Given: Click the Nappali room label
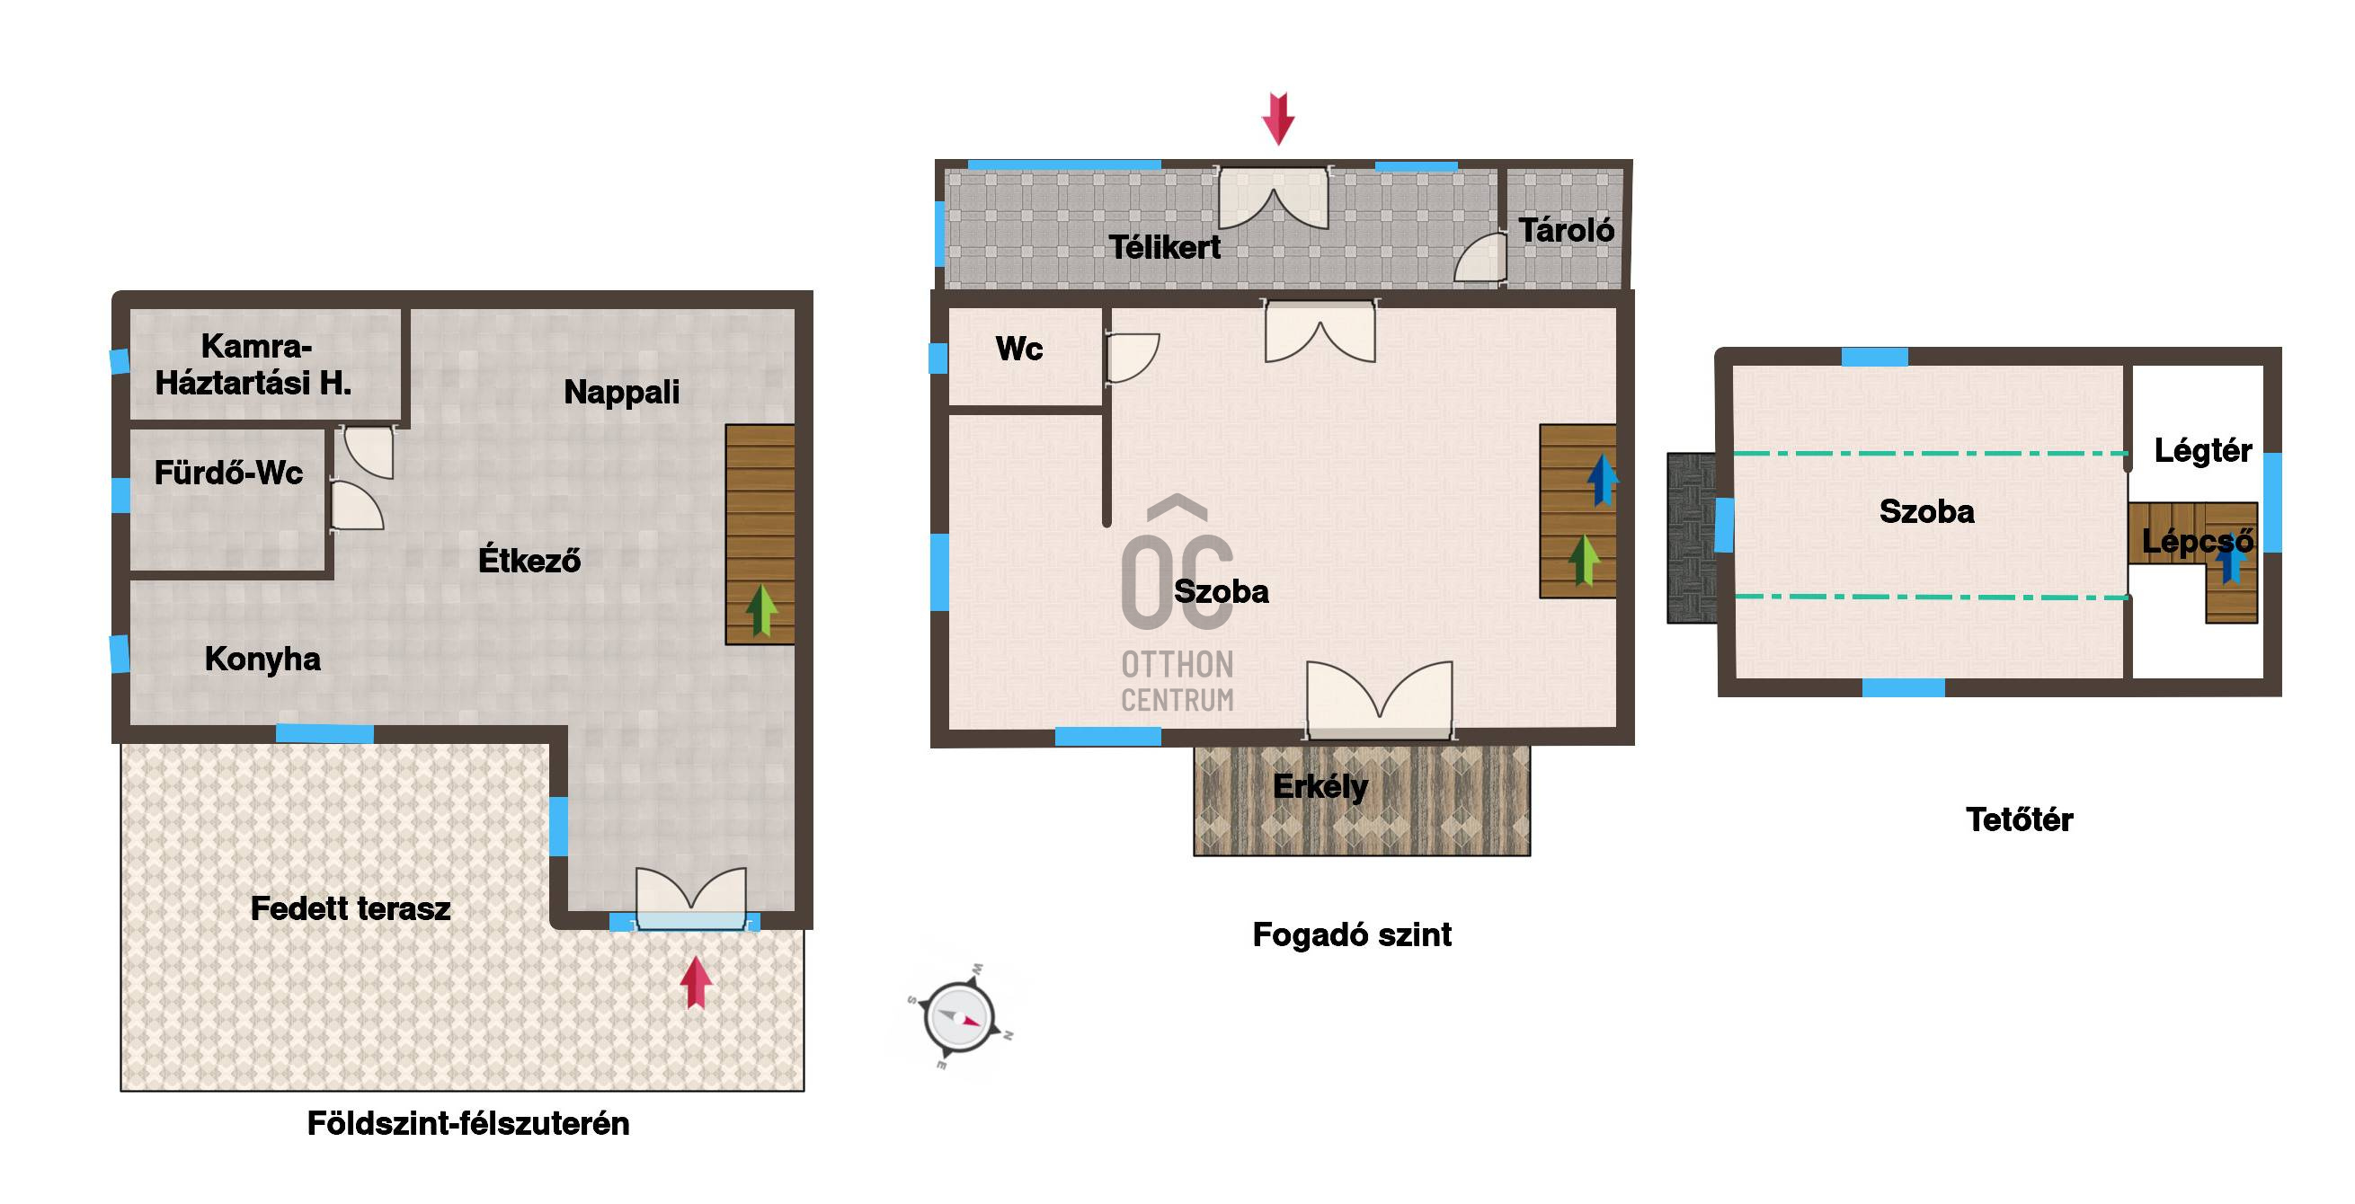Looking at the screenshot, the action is (x=622, y=392).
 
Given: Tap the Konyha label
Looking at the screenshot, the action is (x=262, y=660).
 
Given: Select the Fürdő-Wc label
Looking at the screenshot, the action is (x=228, y=473).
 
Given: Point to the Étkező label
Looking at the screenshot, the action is (x=529, y=560).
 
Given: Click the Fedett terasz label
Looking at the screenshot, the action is (x=351, y=907).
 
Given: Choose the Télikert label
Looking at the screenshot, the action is (x=1165, y=247).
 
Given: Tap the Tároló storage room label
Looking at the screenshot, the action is (x=1566, y=229).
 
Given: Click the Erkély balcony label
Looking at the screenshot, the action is (x=1320, y=786).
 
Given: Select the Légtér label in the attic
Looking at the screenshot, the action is (x=2202, y=450).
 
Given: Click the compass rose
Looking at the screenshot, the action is (x=959, y=1017).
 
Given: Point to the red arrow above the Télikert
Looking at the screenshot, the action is (x=1278, y=118).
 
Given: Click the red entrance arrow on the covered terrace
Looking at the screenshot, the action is (x=696, y=982).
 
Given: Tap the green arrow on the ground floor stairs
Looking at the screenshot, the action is (x=760, y=610).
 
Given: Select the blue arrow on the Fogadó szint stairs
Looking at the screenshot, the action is (x=1602, y=480).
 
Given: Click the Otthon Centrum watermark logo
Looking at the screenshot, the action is (x=1177, y=605).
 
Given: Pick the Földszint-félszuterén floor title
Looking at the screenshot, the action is (x=468, y=1123).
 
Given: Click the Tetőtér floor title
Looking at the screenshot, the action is (x=2019, y=819).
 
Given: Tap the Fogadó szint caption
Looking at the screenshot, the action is (x=1351, y=934).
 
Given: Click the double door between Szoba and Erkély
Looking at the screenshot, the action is (x=1380, y=700).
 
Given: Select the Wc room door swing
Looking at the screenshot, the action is (x=1132, y=358).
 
